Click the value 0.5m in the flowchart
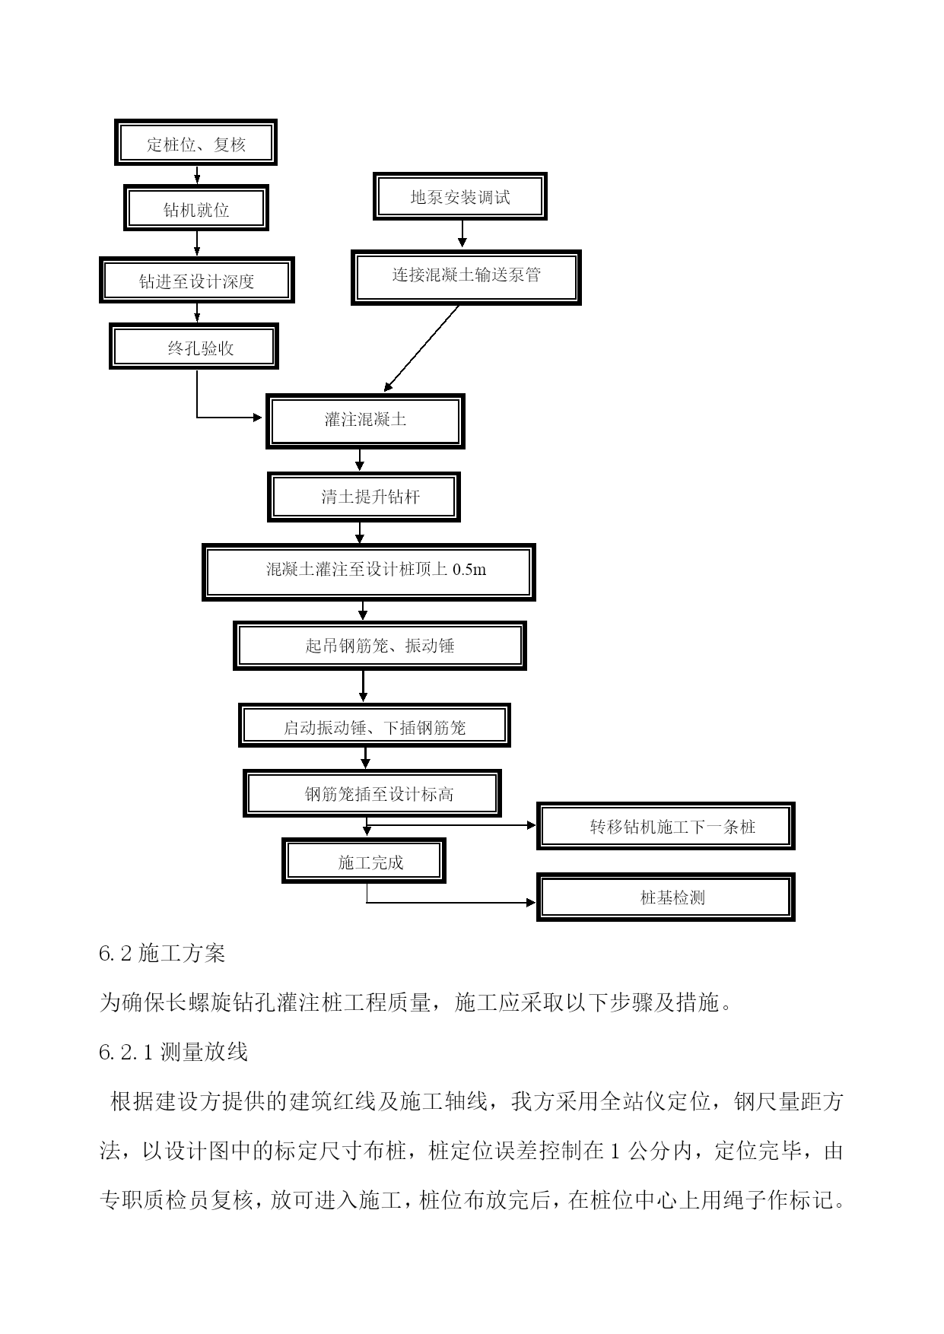pos(469,569)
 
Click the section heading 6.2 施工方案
pos(162,953)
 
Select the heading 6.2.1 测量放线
pos(173,1052)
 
